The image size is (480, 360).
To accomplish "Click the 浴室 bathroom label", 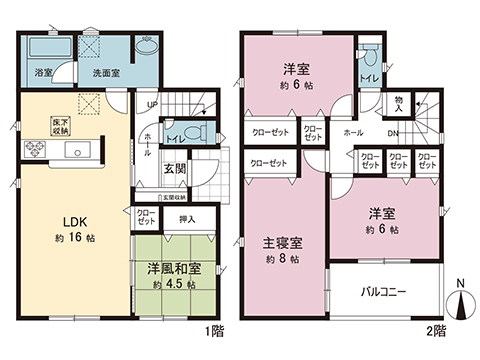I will (44, 73).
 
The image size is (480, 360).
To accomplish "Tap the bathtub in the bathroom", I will (43, 49).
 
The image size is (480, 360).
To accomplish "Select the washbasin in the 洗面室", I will (146, 46).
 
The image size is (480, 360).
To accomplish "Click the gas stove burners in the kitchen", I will (35, 150).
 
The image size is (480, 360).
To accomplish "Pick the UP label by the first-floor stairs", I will (153, 104).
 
